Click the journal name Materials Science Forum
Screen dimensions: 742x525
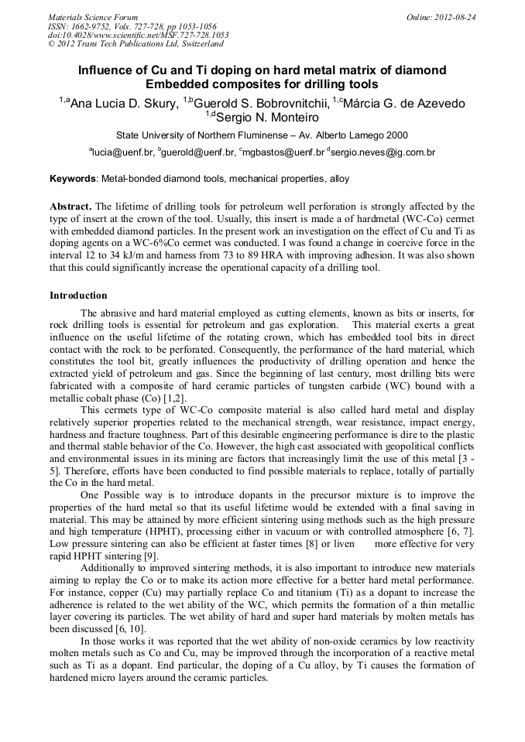[93, 17]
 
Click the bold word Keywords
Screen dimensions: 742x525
[73, 179]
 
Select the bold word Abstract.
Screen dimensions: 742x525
[70, 207]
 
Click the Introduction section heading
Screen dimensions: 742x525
[78, 296]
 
